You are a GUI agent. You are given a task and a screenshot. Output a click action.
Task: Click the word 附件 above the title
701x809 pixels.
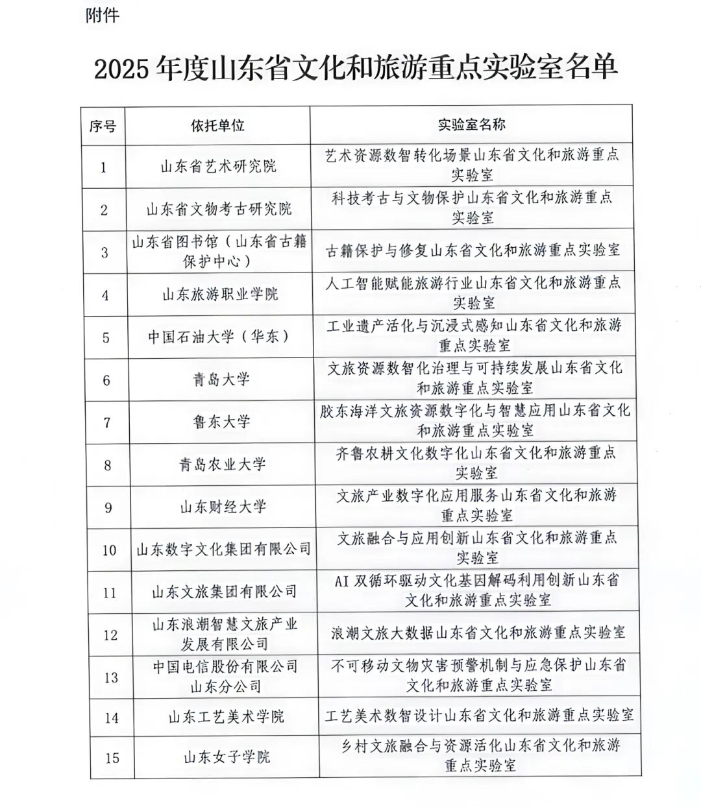tap(103, 16)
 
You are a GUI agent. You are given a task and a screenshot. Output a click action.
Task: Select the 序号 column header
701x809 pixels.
tap(103, 126)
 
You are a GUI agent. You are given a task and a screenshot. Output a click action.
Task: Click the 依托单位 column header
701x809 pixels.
tap(217, 125)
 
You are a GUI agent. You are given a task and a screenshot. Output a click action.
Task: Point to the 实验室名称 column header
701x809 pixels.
tap(472, 125)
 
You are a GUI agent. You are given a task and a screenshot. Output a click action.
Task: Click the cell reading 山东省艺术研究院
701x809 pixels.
tap(219, 167)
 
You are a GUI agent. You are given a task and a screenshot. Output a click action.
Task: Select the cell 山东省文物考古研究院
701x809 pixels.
tap(219, 210)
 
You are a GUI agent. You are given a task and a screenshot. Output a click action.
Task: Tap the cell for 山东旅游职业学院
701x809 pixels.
tap(220, 295)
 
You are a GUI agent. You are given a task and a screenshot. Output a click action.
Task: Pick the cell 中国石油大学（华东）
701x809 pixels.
tap(218, 337)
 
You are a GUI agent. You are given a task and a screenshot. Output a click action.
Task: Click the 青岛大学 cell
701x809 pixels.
tap(221, 380)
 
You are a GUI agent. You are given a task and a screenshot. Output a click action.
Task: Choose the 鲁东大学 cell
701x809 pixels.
tap(221, 422)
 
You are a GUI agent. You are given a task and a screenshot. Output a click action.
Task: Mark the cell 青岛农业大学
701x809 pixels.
tap(222, 465)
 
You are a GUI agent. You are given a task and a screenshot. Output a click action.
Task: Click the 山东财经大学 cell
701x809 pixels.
tap(223, 507)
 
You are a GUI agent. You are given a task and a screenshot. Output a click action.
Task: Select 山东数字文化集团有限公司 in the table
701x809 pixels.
tap(224, 549)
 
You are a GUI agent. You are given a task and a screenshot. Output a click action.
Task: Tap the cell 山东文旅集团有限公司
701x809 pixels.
tap(224, 592)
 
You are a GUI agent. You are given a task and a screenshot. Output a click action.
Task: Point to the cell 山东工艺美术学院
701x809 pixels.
tap(226, 718)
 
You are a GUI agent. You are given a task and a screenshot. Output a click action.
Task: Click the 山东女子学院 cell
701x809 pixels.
tap(227, 757)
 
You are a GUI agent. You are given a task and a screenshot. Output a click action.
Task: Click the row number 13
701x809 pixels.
tap(111, 677)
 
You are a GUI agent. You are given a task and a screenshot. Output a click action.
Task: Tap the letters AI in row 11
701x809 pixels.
tap(342, 581)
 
